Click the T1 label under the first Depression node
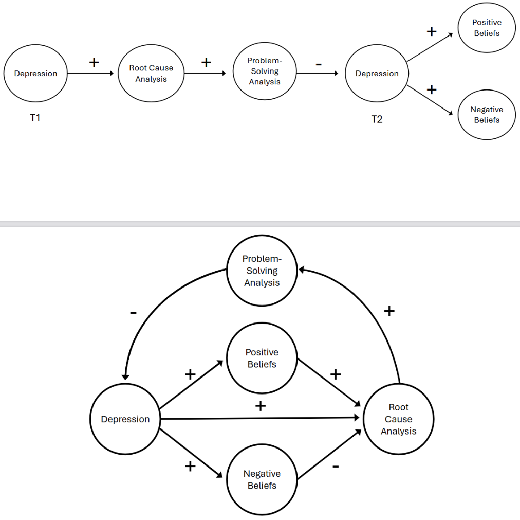pos(35,118)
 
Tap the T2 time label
pos(377,119)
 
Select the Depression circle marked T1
pos(35,74)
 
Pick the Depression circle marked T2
pos(377,74)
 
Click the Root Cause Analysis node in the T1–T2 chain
pos(151,74)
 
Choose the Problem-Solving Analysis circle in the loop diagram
pos(262,271)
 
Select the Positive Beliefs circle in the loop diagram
pos(262,358)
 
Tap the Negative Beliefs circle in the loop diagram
pos(262,479)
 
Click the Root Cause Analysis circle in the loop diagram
pos(398,419)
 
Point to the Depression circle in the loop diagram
pos(125,419)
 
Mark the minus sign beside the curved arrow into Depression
pos(133,312)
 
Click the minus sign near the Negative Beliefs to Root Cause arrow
pos(336,466)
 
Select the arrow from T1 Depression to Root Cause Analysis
pos(90,74)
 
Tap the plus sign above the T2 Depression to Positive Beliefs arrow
pos(432,32)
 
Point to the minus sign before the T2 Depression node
pos(319,64)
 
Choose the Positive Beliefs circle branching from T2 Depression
pos(486,28)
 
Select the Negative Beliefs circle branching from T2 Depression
pos(486,115)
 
